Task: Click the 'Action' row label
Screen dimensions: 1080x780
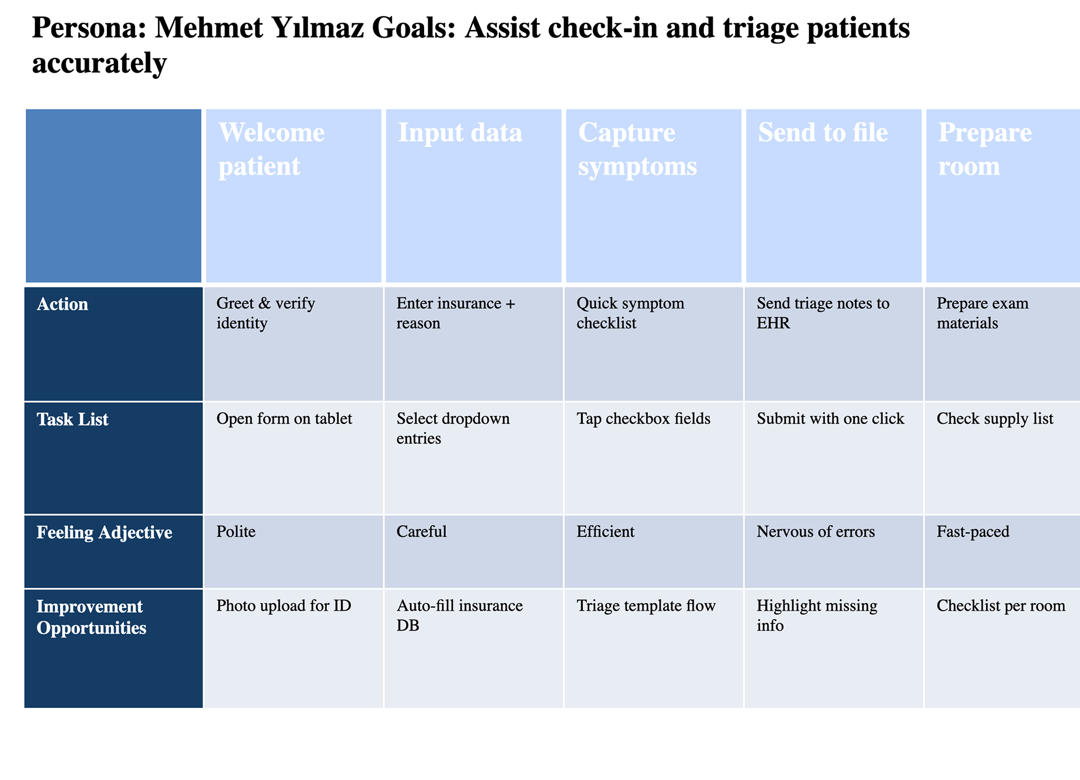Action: [62, 304]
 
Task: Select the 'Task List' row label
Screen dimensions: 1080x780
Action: [73, 419]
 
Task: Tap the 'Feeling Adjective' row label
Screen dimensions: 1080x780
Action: [105, 532]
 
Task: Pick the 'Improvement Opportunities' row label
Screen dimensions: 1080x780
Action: [92, 617]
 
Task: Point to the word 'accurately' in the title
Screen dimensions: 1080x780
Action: [100, 63]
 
